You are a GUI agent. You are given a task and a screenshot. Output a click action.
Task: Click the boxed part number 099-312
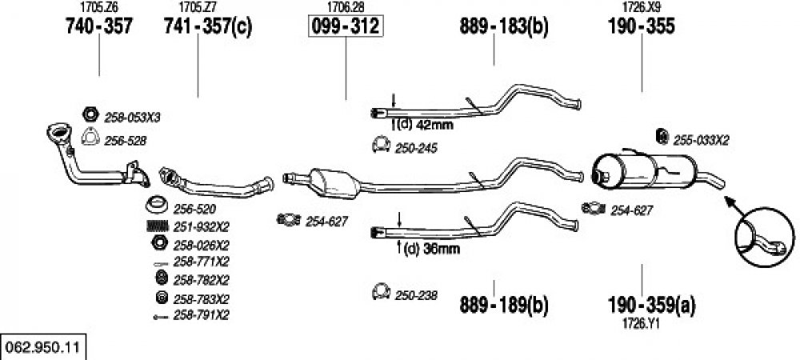pos(346,26)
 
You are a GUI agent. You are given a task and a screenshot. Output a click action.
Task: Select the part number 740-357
pos(99,26)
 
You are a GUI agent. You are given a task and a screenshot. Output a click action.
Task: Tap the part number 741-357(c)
pos(208,26)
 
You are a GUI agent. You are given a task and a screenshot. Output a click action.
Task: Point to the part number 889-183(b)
pos(503,26)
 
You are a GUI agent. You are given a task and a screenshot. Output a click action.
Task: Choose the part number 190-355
pos(642,26)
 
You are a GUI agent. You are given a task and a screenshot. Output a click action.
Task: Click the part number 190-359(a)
pos(651,305)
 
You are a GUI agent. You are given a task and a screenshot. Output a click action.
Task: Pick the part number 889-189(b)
pos(503,305)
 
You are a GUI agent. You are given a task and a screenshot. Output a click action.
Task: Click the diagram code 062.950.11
pos(42,348)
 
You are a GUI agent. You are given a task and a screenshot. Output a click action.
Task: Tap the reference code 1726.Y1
pos(642,324)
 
